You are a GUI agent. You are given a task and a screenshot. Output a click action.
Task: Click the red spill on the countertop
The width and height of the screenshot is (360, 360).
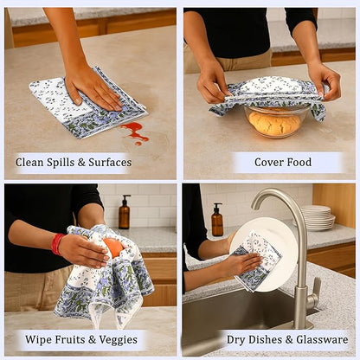134,131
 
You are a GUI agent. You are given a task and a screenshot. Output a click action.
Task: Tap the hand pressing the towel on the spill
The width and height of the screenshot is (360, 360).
93,86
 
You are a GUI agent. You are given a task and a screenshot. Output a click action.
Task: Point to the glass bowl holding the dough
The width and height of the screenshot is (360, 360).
274,124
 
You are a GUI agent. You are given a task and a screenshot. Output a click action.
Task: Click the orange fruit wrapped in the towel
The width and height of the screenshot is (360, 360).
112,247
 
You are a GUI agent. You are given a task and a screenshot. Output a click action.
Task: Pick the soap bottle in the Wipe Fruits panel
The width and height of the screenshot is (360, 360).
125,213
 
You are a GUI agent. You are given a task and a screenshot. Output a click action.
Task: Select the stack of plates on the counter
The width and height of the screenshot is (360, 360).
318,217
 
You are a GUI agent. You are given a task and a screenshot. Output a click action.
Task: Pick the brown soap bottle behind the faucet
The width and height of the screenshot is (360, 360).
217,221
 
